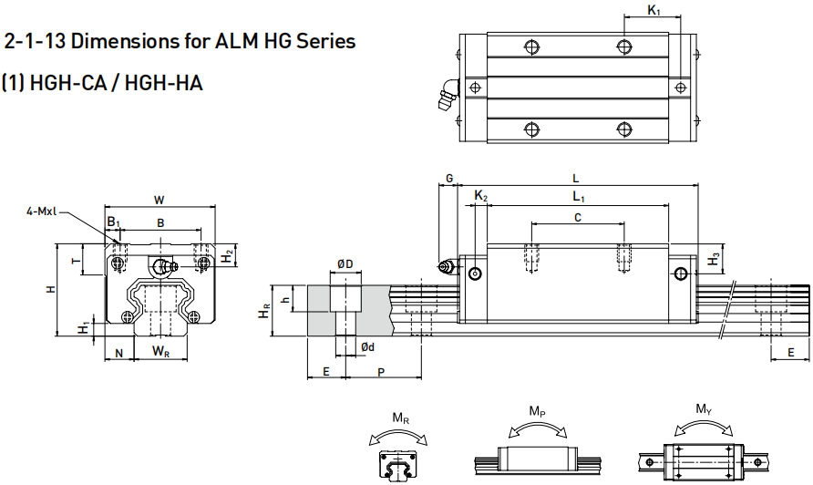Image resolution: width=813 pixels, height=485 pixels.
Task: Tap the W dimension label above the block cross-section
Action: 160,199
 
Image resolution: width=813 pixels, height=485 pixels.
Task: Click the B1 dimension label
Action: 112,222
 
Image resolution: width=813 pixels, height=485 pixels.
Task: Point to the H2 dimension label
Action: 227,258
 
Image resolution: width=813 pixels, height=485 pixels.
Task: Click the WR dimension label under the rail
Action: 160,350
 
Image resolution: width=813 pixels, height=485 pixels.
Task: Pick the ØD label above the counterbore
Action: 345,263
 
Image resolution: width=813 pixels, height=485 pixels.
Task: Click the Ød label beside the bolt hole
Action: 365,347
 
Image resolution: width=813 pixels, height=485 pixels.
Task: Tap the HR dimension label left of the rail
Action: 264,311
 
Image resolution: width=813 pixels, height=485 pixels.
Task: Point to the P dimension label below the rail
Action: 381,372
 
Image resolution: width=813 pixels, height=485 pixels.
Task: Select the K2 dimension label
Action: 481,197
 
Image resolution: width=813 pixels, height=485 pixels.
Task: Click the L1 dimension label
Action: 578,197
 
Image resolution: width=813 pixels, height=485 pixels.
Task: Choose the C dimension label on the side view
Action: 578,216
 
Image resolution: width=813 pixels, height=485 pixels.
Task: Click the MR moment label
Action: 400,418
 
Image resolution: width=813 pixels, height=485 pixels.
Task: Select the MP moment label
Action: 538,412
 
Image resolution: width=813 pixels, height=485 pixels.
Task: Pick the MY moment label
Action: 704,409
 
